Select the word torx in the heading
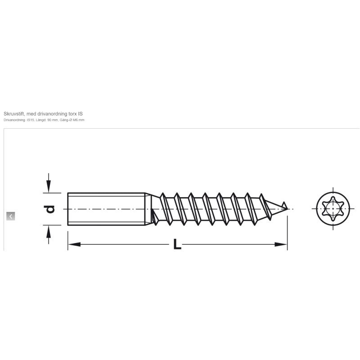(73, 114)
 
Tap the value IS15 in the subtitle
(31, 120)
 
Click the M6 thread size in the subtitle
(75, 120)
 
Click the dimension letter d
(49, 209)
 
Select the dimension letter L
(177, 244)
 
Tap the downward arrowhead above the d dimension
(49, 186)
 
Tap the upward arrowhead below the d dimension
(49, 232)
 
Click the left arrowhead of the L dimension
(74, 244)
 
